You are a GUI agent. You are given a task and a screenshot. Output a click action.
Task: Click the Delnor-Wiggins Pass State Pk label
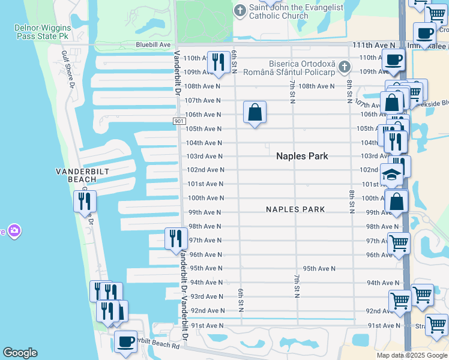click(43, 33)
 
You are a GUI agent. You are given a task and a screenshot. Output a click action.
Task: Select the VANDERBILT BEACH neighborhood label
click(76, 175)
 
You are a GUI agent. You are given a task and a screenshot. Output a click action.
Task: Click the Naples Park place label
click(302, 156)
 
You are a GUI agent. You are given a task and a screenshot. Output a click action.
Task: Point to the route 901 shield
click(179, 121)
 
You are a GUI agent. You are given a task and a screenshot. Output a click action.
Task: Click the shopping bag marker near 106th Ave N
click(255, 112)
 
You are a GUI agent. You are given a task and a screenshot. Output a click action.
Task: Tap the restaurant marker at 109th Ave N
click(218, 62)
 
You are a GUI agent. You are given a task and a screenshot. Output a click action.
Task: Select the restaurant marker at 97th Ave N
click(176, 239)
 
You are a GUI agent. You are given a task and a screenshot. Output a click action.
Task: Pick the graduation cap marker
click(392, 176)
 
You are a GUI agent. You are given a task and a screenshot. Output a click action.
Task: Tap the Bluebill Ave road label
click(153, 44)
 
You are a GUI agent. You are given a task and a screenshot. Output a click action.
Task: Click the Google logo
click(20, 353)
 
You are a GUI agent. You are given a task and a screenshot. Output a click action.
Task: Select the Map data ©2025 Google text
click(411, 355)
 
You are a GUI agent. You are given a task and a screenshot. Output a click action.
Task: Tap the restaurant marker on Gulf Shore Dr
click(85, 201)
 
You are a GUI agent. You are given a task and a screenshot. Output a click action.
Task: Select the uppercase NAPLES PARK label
click(295, 209)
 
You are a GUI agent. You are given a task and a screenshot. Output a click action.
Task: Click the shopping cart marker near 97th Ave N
click(399, 244)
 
